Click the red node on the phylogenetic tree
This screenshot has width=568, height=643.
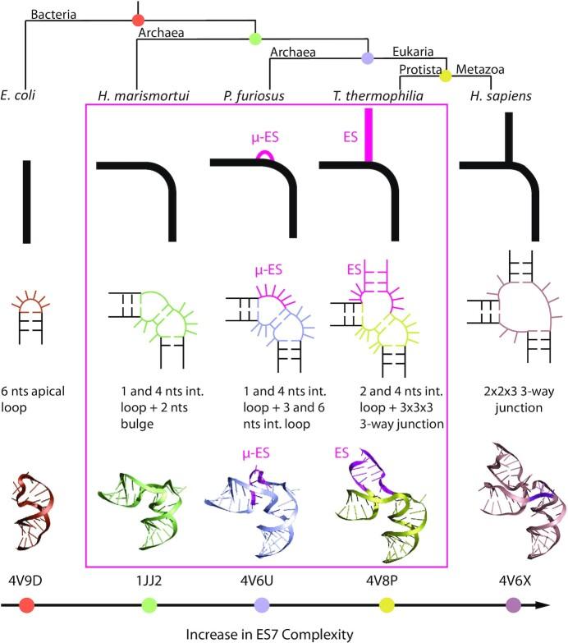coord(138,19)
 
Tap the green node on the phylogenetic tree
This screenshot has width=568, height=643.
coord(255,38)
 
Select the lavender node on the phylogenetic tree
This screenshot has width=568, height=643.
coord(368,57)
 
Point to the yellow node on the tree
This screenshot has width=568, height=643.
coord(446,76)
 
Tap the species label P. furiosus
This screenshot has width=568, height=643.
coord(254,96)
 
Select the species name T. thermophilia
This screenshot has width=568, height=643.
coord(384,96)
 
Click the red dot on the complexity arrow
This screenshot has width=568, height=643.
coord(26,606)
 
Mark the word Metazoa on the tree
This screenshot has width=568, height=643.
coord(477,71)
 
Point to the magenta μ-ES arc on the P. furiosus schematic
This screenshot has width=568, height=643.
coord(265,153)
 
